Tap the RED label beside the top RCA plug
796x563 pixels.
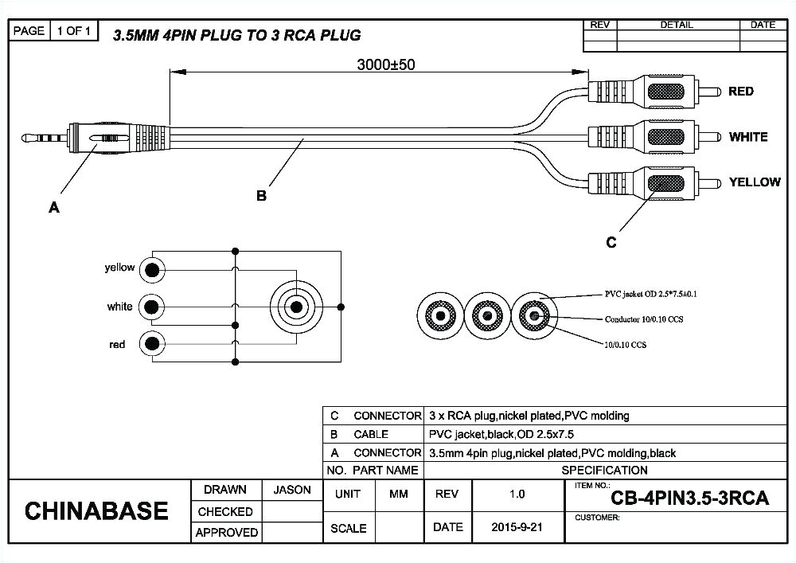tap(740, 92)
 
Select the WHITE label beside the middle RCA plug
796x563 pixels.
tap(748, 137)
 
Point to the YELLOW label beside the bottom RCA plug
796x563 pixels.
tap(755, 182)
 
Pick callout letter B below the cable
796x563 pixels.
tap(261, 196)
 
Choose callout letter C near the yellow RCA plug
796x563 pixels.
tap(611, 243)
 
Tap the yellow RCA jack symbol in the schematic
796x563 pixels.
tap(151, 270)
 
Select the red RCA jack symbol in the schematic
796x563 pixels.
tap(151, 344)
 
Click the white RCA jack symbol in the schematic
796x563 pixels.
tap(151, 307)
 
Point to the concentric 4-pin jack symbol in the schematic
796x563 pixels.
tap(296, 307)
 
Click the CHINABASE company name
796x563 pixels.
tap(96, 511)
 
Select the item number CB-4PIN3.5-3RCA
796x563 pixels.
tap(689, 498)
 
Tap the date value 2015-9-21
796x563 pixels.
tap(517, 527)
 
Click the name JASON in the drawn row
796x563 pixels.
tap(292, 491)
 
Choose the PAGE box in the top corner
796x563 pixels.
tap(29, 31)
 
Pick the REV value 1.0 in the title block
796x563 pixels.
tap(517, 495)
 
